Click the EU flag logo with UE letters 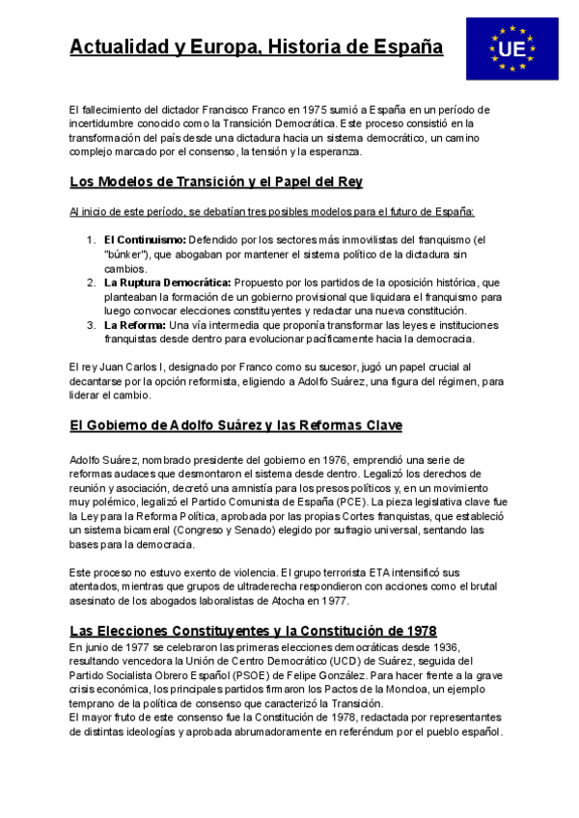coord(511,48)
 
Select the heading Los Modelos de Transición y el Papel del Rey coord(216,181)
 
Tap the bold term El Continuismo coord(145,239)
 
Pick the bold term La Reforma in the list coord(134,324)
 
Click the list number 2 coord(90,282)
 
